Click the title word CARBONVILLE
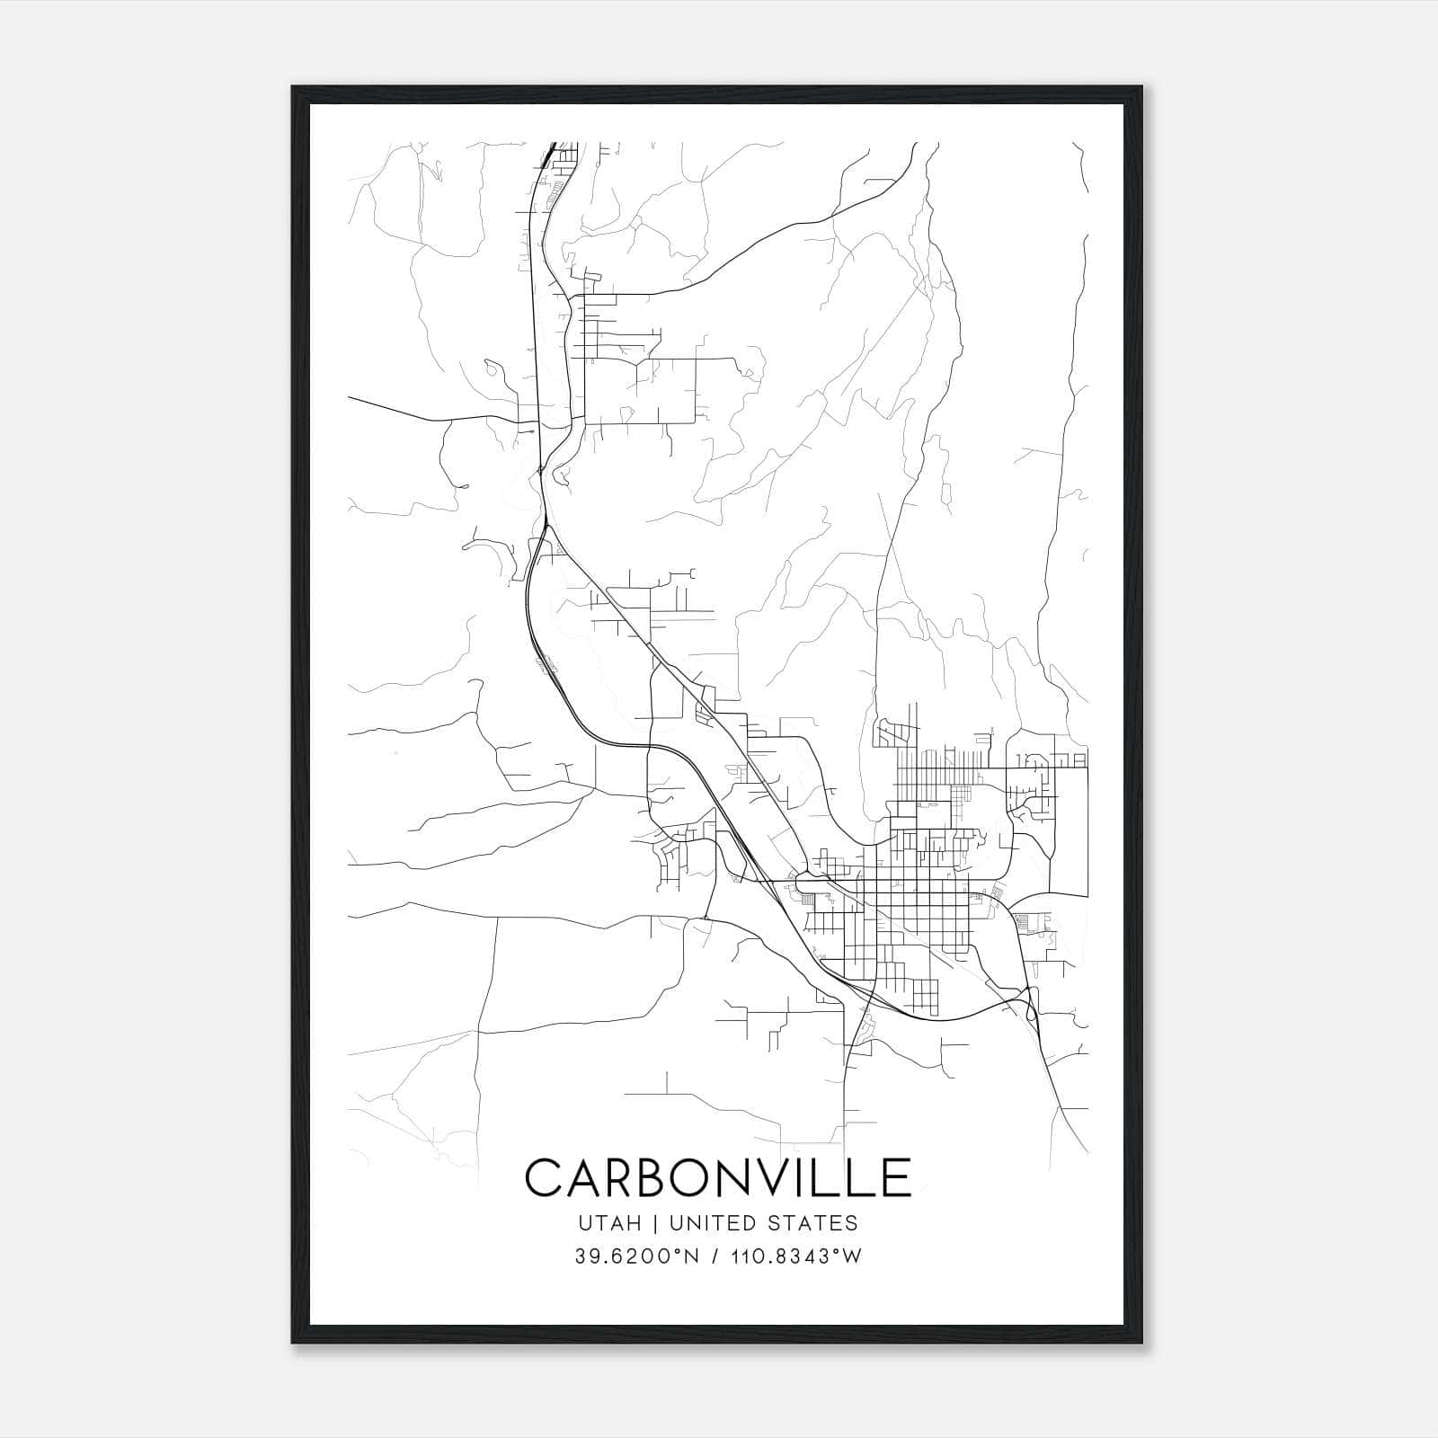tap(718, 1178)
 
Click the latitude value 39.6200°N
tap(637, 1256)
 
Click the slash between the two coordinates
tap(713, 1256)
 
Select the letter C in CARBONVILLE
tap(544, 1178)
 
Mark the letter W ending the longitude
tap(853, 1256)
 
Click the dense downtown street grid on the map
tap(908, 908)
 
